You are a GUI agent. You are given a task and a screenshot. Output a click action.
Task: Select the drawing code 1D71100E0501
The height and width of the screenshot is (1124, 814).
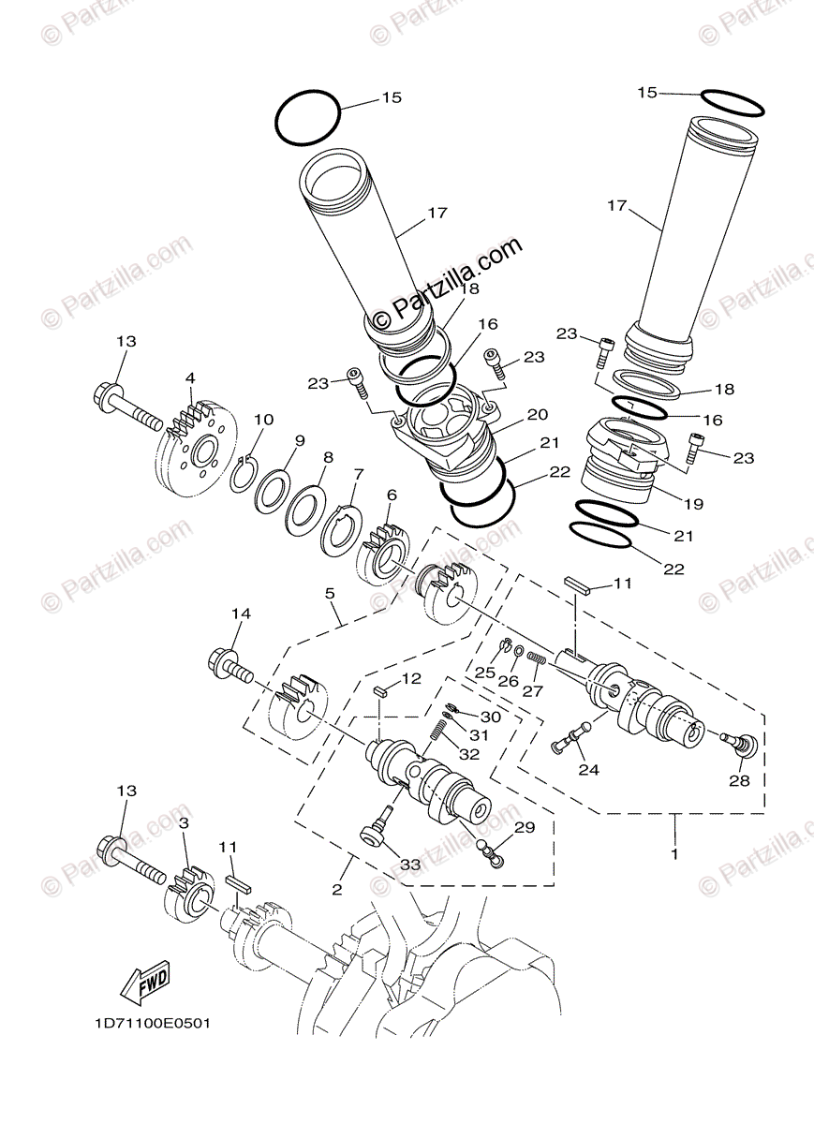(x=152, y=1023)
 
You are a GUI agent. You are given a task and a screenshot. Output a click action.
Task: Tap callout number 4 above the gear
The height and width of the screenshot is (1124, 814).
(x=190, y=378)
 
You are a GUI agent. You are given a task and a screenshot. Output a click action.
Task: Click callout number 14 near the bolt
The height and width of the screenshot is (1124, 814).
(x=241, y=614)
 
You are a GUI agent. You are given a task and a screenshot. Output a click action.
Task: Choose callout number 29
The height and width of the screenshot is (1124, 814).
(x=523, y=827)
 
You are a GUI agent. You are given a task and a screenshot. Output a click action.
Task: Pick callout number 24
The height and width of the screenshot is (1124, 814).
(x=589, y=771)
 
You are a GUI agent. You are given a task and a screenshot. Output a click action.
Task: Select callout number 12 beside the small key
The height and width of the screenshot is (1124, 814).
(x=411, y=677)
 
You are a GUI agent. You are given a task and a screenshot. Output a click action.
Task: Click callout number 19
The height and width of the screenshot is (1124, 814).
(x=692, y=503)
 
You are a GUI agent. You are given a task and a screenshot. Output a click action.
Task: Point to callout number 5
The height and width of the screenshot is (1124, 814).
(x=330, y=593)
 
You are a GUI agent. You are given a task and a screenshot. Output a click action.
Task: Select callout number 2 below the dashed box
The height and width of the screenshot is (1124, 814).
(x=336, y=889)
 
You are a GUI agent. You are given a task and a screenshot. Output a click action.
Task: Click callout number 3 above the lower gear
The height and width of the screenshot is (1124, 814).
(x=184, y=822)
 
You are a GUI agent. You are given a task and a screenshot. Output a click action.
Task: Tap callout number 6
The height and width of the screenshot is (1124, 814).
(x=391, y=494)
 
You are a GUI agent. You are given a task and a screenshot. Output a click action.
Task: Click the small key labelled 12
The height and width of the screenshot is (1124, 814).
(x=379, y=693)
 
